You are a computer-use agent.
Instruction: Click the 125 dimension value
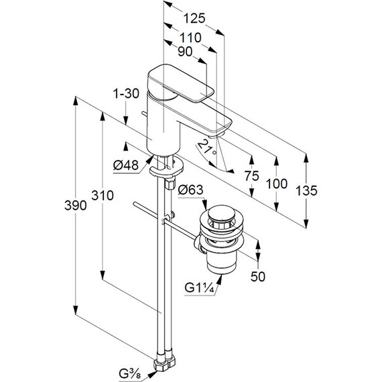click(194, 19)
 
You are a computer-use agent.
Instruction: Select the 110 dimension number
click(190, 38)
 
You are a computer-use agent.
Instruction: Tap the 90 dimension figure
click(185, 52)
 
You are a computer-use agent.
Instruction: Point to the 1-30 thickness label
click(127, 94)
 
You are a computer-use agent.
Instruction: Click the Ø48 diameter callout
click(126, 166)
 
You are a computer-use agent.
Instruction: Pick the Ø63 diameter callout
click(190, 190)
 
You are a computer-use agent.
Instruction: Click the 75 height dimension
click(252, 176)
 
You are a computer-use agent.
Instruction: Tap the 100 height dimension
click(277, 184)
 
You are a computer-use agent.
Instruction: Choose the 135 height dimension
click(306, 190)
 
